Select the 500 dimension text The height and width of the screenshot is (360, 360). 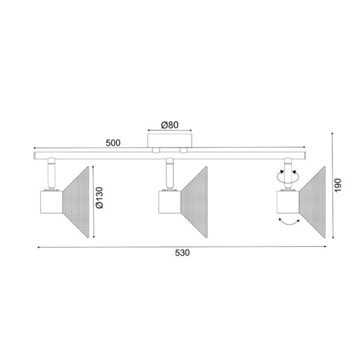click(113, 143)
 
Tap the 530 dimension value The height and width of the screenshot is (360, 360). click(182, 254)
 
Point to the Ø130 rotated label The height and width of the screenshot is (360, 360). click(100, 198)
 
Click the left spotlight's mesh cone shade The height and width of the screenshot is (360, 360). click(74, 198)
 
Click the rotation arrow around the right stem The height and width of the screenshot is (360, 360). click(287, 176)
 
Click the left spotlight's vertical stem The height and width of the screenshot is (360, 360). click(51, 174)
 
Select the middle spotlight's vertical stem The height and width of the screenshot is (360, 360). click(170, 174)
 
